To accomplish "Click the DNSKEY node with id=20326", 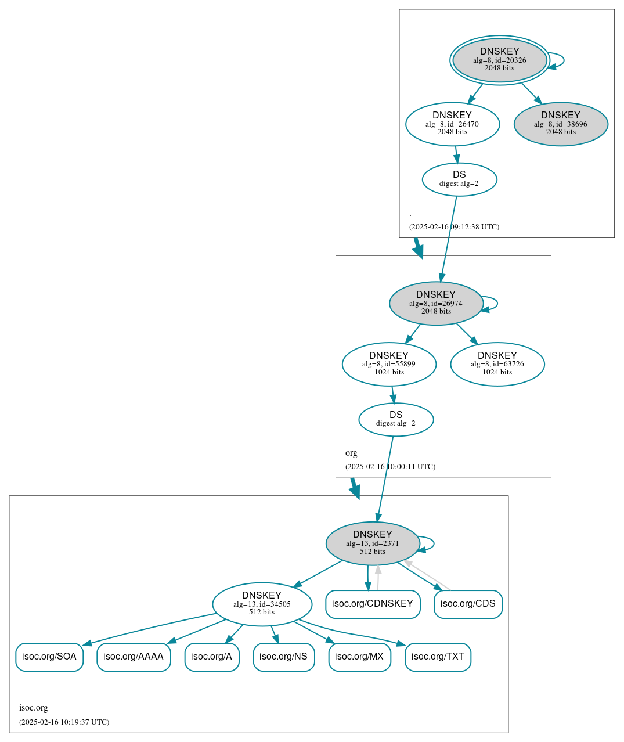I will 499,60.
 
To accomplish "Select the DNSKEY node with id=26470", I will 452,124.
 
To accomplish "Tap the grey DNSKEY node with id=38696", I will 561,124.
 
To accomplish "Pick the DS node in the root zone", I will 459,179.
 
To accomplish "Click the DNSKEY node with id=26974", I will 436,303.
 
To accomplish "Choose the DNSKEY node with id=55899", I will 389,364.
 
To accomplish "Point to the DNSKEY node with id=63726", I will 497,364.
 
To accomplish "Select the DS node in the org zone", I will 396,419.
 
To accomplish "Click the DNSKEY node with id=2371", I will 373,543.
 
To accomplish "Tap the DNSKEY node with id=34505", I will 262,604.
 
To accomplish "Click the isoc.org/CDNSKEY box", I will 373,604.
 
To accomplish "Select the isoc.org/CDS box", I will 468,604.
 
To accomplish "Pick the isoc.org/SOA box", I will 49,657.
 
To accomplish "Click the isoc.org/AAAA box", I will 134,657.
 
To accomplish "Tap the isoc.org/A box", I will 211,657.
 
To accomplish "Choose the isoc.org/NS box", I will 283,657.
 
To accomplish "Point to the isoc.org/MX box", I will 359,657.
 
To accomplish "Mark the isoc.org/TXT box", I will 438,657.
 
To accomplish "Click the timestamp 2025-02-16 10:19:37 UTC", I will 64,722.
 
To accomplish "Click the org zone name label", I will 351,453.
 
